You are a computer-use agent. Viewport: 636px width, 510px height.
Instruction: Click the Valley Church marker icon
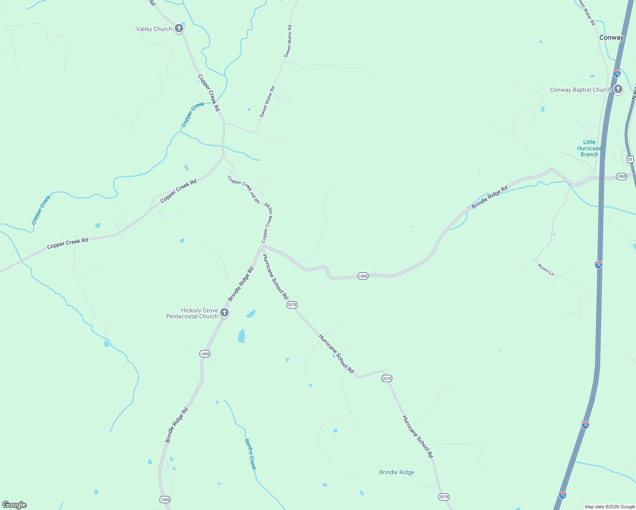(179, 29)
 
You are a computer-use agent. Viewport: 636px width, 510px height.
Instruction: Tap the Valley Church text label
(154, 29)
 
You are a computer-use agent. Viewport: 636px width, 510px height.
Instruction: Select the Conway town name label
(611, 37)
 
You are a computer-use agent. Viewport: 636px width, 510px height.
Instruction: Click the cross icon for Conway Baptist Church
(618, 89)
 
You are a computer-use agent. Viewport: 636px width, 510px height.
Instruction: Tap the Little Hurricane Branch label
(589, 148)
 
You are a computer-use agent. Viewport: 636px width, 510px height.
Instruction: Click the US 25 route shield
(630, 159)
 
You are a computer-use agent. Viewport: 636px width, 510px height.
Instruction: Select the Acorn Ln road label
(545, 269)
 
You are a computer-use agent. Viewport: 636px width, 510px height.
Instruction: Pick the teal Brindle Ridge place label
(397, 472)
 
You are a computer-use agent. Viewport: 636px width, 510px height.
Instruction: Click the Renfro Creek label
(250, 454)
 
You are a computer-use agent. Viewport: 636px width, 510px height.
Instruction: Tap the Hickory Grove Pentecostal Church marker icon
(224, 313)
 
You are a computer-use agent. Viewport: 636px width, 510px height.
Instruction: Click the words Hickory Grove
(199, 310)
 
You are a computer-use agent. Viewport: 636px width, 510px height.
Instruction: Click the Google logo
(14, 505)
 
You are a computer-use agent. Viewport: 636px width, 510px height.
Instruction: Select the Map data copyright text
(609, 507)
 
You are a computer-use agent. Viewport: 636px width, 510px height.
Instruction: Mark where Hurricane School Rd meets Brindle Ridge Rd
(262, 246)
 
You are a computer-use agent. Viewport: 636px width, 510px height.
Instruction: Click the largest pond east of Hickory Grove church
(241, 336)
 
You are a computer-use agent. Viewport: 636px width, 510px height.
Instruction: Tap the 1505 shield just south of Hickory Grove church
(205, 354)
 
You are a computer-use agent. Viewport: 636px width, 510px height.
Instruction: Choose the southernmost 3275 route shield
(443, 497)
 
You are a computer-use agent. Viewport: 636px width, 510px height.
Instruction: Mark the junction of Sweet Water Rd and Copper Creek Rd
(224, 123)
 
